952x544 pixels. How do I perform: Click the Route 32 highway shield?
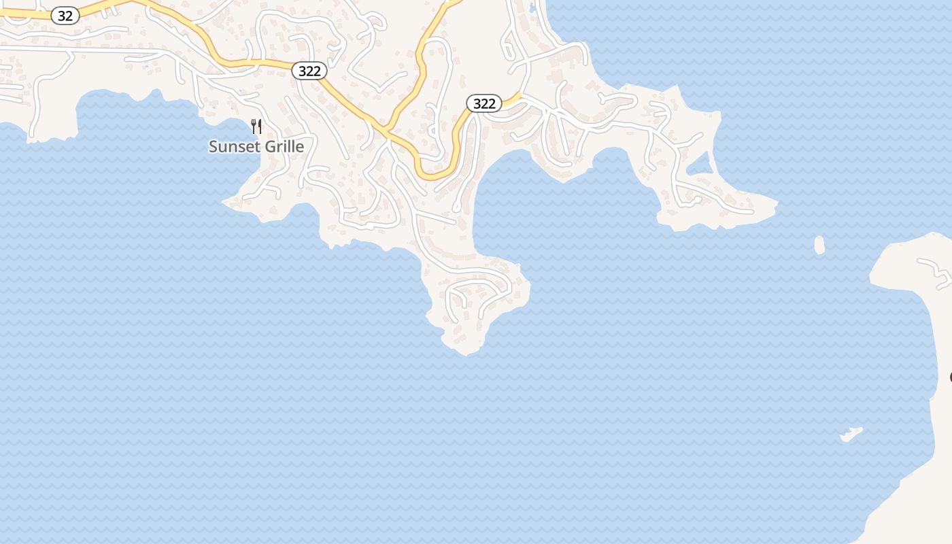[65, 16]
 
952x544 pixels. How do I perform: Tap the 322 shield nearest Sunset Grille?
[309, 71]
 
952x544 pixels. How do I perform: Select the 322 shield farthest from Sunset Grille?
[483, 103]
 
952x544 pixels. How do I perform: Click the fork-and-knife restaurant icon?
[256, 126]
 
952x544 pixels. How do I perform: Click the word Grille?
[282, 146]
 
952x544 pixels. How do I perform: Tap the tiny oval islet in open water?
[819, 245]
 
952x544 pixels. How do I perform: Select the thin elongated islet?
[851, 433]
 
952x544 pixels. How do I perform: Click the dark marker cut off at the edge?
[950, 377]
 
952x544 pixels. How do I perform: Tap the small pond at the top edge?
[532, 8]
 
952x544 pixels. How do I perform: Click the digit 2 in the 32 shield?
[69, 16]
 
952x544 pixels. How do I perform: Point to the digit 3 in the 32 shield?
[61, 16]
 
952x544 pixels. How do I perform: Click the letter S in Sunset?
[213, 146]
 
